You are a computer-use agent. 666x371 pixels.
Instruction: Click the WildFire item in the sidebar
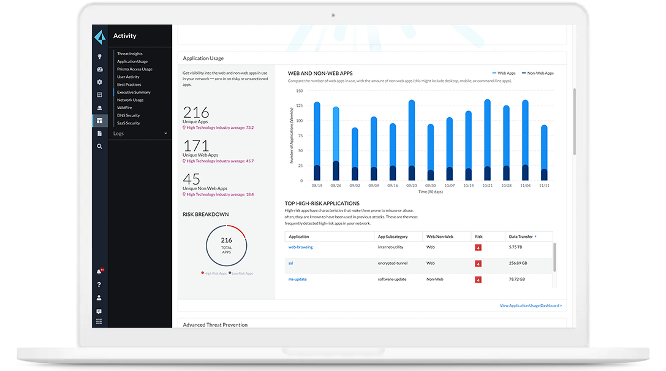click(x=124, y=108)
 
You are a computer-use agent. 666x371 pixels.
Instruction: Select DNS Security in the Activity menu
click(x=129, y=115)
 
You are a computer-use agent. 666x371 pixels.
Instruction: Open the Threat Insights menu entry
click(x=130, y=54)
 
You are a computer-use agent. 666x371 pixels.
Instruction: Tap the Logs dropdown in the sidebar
click(x=140, y=133)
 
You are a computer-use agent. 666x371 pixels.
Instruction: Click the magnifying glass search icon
click(x=99, y=147)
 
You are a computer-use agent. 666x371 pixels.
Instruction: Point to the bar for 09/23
click(x=412, y=140)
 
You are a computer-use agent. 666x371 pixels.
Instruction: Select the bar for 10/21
click(x=487, y=140)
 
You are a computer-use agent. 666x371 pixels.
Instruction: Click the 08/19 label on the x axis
click(x=317, y=185)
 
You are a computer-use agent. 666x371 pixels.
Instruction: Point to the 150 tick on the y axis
click(x=300, y=91)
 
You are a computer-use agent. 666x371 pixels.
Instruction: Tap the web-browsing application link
click(x=300, y=247)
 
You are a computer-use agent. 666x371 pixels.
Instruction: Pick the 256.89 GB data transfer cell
click(x=519, y=263)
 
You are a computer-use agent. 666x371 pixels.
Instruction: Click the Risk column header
click(x=479, y=236)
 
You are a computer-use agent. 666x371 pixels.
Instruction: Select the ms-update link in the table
click(x=297, y=279)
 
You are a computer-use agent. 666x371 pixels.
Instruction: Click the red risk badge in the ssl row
click(x=479, y=264)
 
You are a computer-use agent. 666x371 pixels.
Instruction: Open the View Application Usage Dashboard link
click(x=531, y=305)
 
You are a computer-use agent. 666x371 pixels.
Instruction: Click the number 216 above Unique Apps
click(x=196, y=112)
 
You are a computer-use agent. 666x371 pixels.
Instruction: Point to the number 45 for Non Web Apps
click(x=191, y=179)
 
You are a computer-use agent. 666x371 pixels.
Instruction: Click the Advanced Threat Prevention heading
click(x=215, y=325)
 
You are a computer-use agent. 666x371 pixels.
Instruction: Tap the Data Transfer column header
click(x=521, y=236)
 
